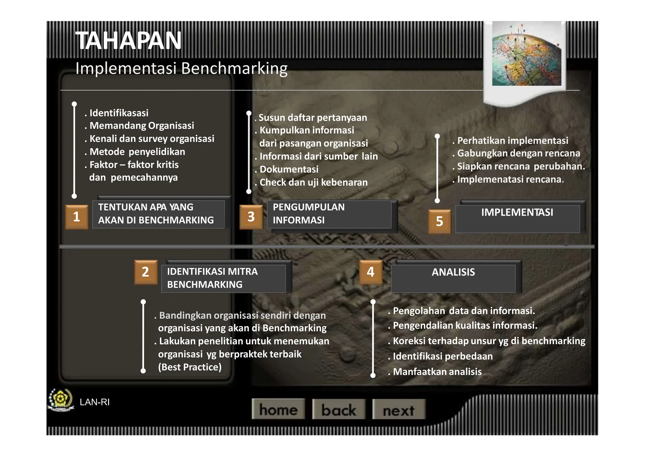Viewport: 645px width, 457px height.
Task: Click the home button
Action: (278, 409)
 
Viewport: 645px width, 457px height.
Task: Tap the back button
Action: (339, 409)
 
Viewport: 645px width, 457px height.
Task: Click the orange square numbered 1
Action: (77, 217)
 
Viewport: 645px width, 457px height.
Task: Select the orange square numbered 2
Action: (146, 272)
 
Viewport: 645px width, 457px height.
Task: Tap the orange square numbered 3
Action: (251, 217)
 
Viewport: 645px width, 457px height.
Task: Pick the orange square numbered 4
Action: (371, 272)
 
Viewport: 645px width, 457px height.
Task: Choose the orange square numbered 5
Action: (439, 221)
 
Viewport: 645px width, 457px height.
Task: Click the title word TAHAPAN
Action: (128, 41)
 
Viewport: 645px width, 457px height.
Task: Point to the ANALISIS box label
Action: (453, 272)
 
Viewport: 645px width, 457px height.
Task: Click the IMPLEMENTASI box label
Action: (517, 212)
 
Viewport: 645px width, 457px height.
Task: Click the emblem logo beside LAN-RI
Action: (60, 400)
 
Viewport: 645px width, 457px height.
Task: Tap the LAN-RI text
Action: (94, 402)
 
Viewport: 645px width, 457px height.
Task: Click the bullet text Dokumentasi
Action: (289, 170)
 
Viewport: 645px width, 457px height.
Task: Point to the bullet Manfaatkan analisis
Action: (437, 372)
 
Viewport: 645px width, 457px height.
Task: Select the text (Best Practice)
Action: (190, 367)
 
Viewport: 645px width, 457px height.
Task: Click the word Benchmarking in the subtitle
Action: (234, 68)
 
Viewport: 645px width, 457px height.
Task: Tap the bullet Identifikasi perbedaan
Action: (442, 356)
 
